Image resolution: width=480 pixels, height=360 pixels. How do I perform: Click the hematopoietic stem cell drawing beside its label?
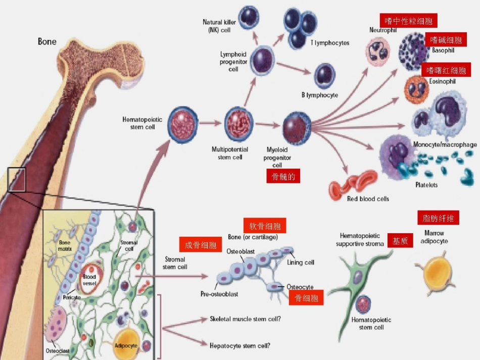183,125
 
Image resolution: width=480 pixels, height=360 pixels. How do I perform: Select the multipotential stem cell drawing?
239,124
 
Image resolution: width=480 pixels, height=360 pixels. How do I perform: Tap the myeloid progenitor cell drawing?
297,128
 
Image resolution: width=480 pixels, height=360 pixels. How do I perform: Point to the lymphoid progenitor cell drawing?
262,60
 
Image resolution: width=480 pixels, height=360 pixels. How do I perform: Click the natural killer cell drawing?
249,18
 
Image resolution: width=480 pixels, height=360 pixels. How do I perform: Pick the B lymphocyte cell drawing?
324,76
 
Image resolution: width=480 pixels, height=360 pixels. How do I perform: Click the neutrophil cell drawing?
378,52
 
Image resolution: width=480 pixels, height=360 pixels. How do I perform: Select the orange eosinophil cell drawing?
416,89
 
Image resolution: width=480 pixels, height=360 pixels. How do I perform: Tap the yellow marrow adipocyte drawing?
437,273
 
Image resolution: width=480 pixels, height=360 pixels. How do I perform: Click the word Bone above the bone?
47,41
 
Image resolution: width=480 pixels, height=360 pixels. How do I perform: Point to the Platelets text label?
426,185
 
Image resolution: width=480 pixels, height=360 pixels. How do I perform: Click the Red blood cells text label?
368,199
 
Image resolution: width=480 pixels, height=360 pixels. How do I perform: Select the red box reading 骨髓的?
283,176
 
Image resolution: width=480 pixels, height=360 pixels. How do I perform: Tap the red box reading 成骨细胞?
201,244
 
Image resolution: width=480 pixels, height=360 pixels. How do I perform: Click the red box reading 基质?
400,240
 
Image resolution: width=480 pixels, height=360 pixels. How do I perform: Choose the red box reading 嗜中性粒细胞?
408,21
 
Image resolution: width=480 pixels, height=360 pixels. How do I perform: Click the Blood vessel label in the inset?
89,280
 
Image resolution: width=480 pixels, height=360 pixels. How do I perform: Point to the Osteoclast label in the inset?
58,351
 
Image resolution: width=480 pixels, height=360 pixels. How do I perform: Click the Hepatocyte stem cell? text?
240,346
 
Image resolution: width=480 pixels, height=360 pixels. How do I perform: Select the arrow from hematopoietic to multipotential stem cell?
210,123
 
